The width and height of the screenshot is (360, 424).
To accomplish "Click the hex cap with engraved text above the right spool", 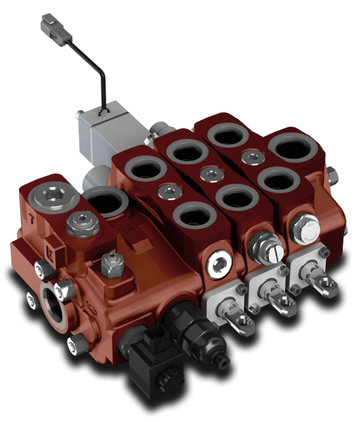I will click(x=305, y=228).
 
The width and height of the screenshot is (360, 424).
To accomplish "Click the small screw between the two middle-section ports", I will click(x=210, y=175).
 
